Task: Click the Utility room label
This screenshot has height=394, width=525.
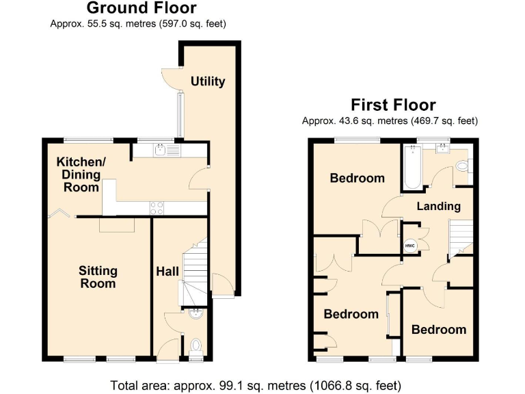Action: [x=208, y=81]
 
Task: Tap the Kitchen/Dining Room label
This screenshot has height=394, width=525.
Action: [x=81, y=174]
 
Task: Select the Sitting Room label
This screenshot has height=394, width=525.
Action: [x=98, y=277]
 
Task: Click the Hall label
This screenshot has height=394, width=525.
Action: [x=167, y=272]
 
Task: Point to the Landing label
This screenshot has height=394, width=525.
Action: [x=439, y=206]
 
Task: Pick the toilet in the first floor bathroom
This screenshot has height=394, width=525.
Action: [x=462, y=166]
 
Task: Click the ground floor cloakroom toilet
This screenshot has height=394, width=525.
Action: [x=197, y=345]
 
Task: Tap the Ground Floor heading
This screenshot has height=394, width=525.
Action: [x=142, y=8]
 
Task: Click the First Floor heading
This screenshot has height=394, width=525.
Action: [x=393, y=105]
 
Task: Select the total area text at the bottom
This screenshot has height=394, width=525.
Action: [x=256, y=384]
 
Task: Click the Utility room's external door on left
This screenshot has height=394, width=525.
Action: [x=167, y=79]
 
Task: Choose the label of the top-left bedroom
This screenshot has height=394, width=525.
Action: [x=357, y=178]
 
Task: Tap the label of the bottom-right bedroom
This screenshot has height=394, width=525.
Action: [x=438, y=329]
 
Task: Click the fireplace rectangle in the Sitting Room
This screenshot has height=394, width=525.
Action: [x=117, y=225]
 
